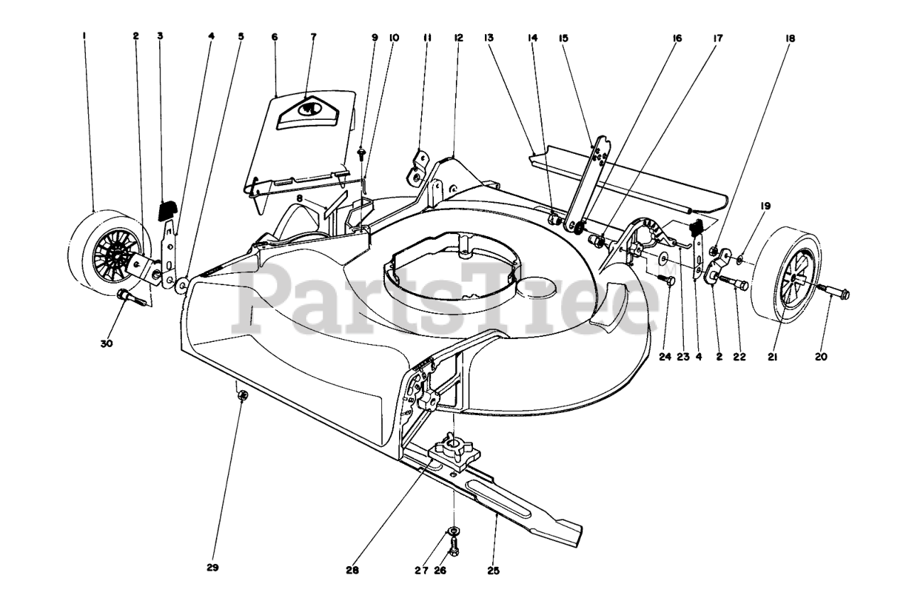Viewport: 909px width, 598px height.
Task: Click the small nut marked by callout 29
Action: point(242,396)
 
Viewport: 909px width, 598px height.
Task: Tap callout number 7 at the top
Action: point(313,38)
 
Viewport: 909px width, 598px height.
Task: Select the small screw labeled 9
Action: point(363,150)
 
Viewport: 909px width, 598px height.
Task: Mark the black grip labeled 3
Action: point(167,211)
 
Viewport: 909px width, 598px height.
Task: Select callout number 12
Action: point(458,38)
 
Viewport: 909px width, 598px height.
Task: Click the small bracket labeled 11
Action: point(418,165)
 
